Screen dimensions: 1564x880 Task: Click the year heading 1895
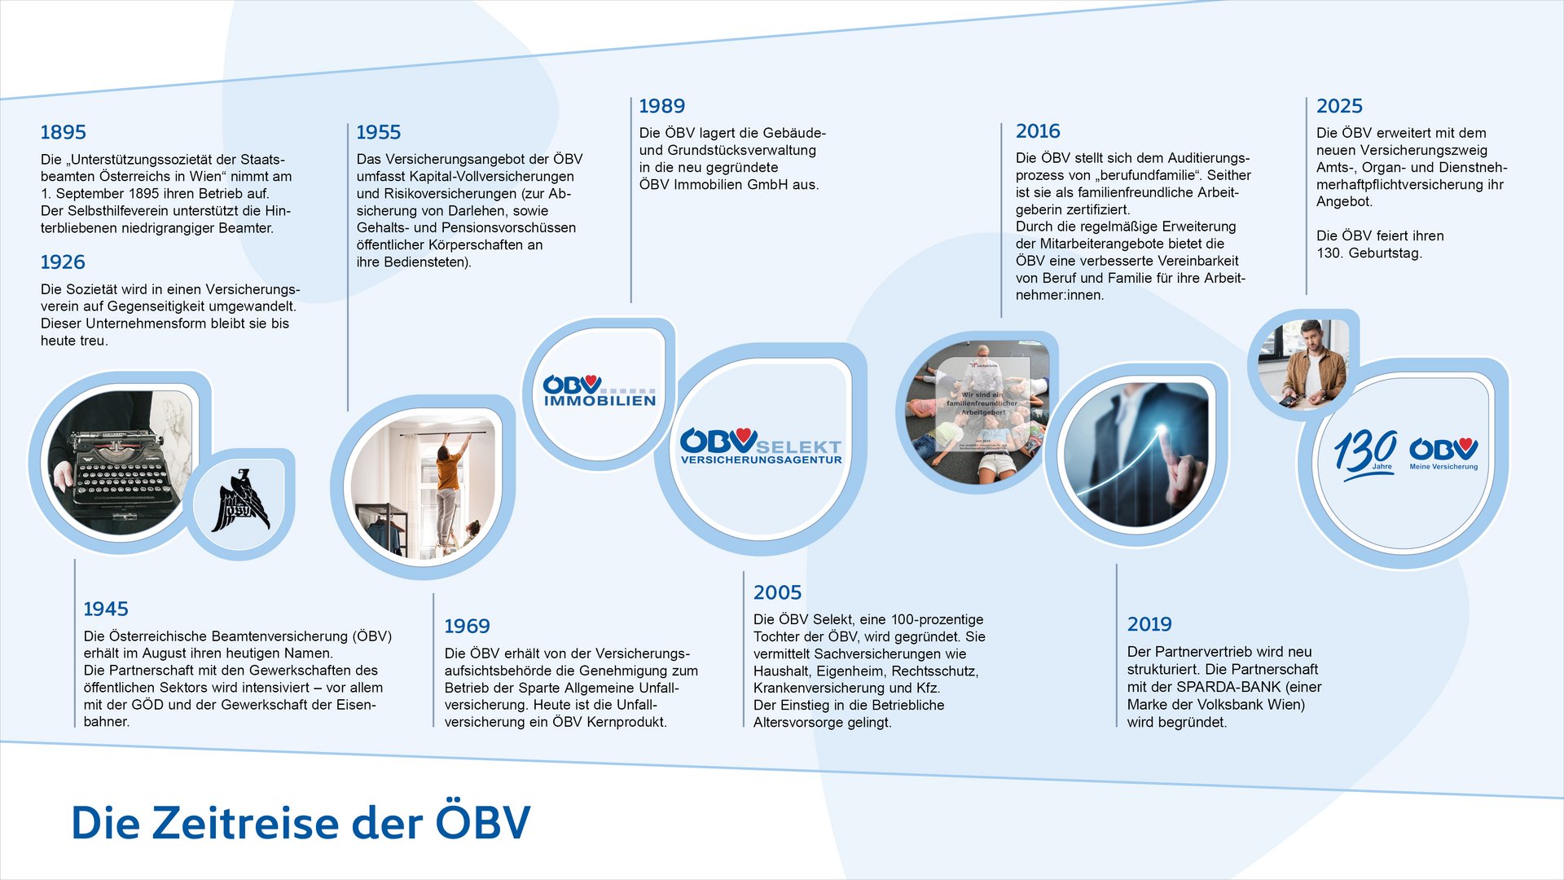(x=63, y=132)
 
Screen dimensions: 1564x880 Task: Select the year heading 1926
(x=63, y=262)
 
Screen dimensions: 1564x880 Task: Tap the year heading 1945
(x=106, y=609)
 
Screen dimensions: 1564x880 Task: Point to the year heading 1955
(x=379, y=132)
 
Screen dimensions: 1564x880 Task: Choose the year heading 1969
(x=467, y=626)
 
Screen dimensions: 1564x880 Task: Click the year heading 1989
(x=661, y=106)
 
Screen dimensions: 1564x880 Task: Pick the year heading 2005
(x=777, y=592)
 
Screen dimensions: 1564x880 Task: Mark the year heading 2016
(x=1038, y=131)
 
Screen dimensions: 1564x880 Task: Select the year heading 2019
(x=1149, y=624)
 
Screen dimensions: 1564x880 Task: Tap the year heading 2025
(x=1339, y=106)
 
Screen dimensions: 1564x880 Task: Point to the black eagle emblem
(x=239, y=502)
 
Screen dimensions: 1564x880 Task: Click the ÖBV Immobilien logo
(x=600, y=390)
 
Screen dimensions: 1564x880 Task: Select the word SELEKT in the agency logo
(x=798, y=447)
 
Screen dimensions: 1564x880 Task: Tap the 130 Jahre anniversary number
(x=1365, y=451)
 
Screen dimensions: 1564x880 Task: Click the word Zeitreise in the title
(x=244, y=822)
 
